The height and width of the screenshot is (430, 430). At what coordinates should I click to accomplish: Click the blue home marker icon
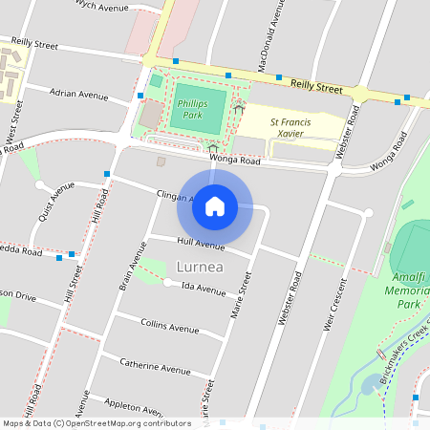pos(215,205)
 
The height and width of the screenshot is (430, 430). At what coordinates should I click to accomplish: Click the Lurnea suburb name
pos(200,266)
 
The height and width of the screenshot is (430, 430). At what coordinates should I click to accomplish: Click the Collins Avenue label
pos(170,326)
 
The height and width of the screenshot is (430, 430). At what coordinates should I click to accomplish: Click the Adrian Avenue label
pos(79,95)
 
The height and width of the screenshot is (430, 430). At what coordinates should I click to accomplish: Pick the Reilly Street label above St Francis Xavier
pos(316,87)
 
